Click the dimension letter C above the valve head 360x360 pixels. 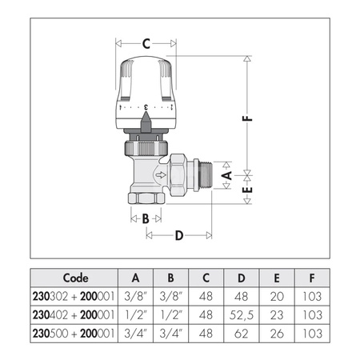pos(146,43)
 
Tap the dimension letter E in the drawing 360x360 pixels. pos(227,192)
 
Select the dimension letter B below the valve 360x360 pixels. pos(146,218)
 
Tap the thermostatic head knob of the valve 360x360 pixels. pos(146,84)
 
